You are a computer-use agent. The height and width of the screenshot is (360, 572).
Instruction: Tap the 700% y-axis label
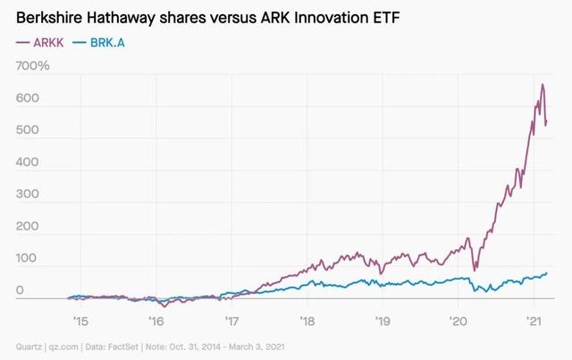(33, 67)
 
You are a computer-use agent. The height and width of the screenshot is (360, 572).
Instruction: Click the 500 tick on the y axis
(28, 131)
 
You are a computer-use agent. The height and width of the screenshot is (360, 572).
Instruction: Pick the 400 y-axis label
(28, 163)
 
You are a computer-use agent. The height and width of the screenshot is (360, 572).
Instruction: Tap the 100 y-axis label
(28, 259)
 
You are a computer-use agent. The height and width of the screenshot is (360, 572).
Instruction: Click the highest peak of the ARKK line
(542, 85)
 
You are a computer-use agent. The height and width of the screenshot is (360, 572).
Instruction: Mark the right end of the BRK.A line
(546, 273)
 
